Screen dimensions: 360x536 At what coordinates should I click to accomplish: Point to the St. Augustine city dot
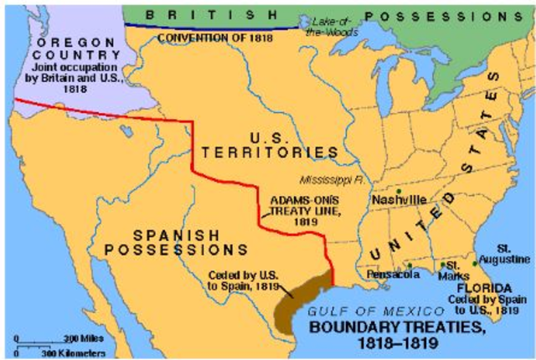(474, 264)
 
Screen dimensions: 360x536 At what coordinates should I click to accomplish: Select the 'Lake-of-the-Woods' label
(329, 25)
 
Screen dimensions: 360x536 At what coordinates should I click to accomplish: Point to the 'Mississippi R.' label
(332, 179)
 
